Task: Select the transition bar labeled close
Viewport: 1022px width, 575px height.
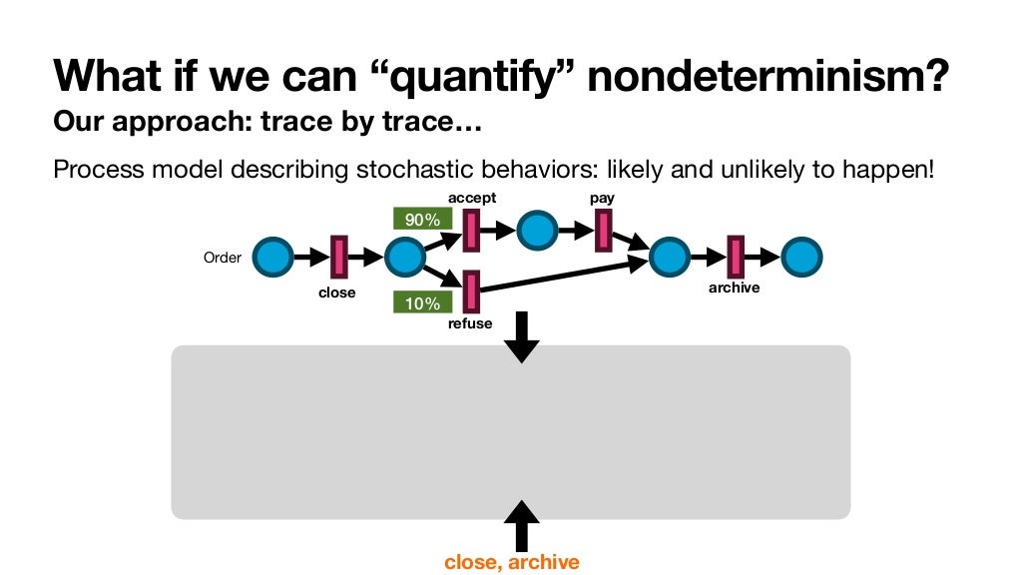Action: tap(338, 258)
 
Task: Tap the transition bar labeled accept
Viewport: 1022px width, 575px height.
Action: tap(470, 232)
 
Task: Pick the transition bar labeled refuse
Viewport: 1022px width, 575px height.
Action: tap(470, 290)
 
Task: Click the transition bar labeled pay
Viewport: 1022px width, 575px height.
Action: tap(603, 232)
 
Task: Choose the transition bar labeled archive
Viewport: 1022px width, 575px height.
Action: tap(736, 258)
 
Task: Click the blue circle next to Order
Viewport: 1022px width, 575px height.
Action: tap(272, 258)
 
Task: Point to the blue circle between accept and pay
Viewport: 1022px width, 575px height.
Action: tap(536, 231)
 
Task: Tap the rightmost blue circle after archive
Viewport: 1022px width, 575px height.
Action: tap(801, 258)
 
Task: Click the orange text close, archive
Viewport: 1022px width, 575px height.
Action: tap(511, 562)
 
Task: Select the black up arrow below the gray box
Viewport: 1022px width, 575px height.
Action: tap(521, 525)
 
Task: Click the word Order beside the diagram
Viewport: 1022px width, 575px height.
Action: tap(222, 258)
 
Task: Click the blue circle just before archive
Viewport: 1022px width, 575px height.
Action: tap(669, 258)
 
